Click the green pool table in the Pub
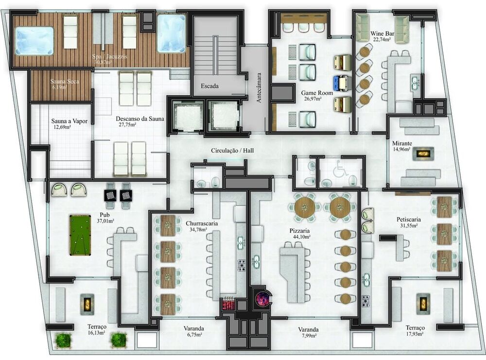point(80,235)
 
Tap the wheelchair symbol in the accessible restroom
point(339,169)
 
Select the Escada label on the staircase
point(210,86)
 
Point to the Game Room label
point(315,92)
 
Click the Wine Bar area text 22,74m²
point(382,40)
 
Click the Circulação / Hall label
point(232,151)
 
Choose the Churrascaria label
point(202,223)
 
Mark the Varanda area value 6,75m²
point(193,335)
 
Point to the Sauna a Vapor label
point(69,121)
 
